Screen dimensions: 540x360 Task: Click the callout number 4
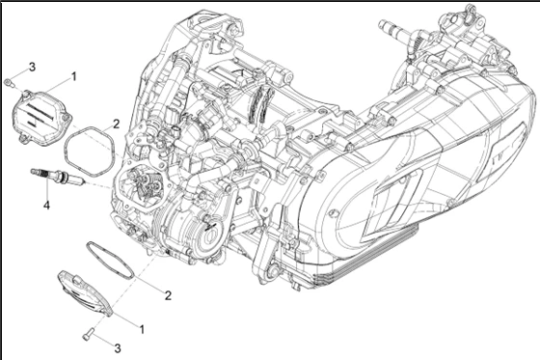46,206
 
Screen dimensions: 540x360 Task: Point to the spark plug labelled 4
58,175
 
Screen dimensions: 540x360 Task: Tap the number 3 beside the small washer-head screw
32,67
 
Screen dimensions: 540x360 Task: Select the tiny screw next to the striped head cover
8,82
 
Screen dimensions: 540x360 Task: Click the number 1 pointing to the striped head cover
73,76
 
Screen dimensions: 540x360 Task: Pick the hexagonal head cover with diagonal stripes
41,117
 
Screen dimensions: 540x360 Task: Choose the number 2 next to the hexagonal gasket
116,124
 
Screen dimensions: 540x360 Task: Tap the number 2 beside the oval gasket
168,295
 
